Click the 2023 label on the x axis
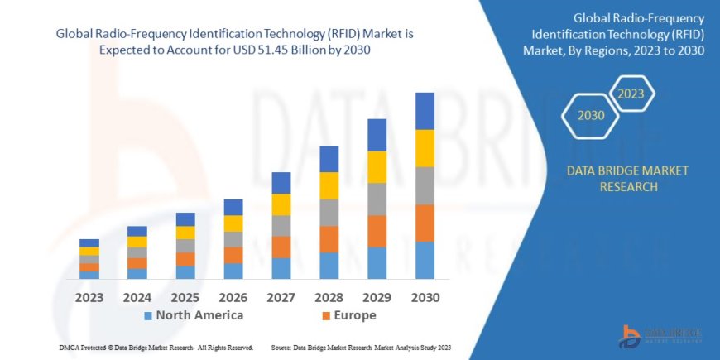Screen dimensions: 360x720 [x=89, y=297]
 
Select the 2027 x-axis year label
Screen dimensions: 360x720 [x=281, y=297]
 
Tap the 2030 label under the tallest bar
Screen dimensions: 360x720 [x=425, y=297]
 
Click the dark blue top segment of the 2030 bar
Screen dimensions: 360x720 [x=425, y=111]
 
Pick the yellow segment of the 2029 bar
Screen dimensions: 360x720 [x=377, y=167]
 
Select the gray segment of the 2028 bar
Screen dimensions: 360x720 [x=329, y=213]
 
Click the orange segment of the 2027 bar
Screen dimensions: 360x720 [x=281, y=247]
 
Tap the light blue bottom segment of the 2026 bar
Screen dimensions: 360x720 [x=233, y=271]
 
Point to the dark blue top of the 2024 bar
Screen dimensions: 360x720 [x=137, y=231]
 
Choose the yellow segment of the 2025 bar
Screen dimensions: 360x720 [x=185, y=233]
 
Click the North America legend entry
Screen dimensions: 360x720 [x=194, y=315]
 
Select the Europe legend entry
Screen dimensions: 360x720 [x=348, y=315]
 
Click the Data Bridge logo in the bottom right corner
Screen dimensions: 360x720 [x=662, y=334]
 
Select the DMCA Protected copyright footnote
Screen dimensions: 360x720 [x=156, y=348]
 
